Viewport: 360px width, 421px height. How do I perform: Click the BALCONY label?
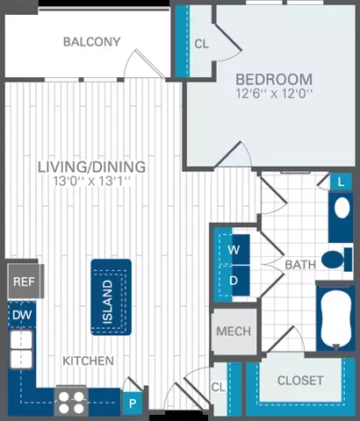[92, 42]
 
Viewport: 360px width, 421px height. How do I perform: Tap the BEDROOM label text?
[274, 80]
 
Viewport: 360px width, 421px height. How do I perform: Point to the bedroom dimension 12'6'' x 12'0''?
[274, 94]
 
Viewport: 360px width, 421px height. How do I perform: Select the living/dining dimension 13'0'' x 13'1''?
[91, 181]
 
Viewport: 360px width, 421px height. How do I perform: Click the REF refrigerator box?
[25, 282]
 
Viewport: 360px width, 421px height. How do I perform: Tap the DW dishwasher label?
[22, 315]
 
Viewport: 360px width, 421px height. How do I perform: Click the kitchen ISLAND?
[112, 297]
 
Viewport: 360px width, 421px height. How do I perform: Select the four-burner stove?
[71, 402]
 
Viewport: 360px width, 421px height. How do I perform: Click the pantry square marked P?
[133, 403]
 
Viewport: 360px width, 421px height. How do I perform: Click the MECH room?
[234, 332]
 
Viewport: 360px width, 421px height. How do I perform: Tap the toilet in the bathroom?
[336, 260]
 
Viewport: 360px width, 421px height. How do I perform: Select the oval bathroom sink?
[342, 208]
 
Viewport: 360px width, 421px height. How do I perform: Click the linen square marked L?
[341, 182]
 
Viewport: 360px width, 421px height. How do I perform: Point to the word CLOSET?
[300, 381]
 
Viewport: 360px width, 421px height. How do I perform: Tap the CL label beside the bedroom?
[202, 44]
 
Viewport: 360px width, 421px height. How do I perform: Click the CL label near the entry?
[219, 387]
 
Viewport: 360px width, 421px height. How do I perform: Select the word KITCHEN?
[89, 360]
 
